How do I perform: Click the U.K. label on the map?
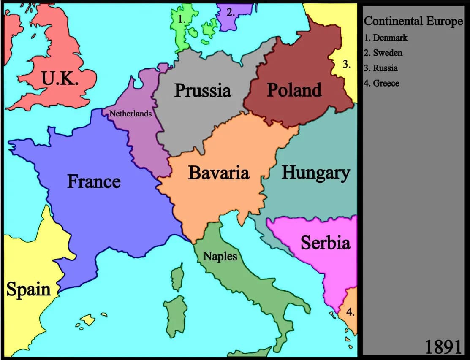coord(60,78)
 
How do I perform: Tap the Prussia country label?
coord(203,90)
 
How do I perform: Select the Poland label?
coord(294,90)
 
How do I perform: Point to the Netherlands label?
coord(130,114)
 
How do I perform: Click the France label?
coord(94,181)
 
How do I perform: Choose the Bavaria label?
coord(218,173)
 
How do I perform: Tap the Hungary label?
coord(315,173)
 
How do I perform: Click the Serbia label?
coord(325,243)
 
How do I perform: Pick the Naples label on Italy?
coord(220,256)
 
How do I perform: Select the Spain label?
coord(28,290)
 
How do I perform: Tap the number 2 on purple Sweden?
coord(230,12)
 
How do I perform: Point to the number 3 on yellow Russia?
coord(347,65)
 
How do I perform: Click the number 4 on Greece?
coord(350,312)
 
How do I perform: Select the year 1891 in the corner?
coord(443,347)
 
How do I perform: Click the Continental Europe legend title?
coord(413,21)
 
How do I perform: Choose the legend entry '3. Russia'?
coord(381,68)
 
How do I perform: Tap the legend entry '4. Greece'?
coord(381,83)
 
